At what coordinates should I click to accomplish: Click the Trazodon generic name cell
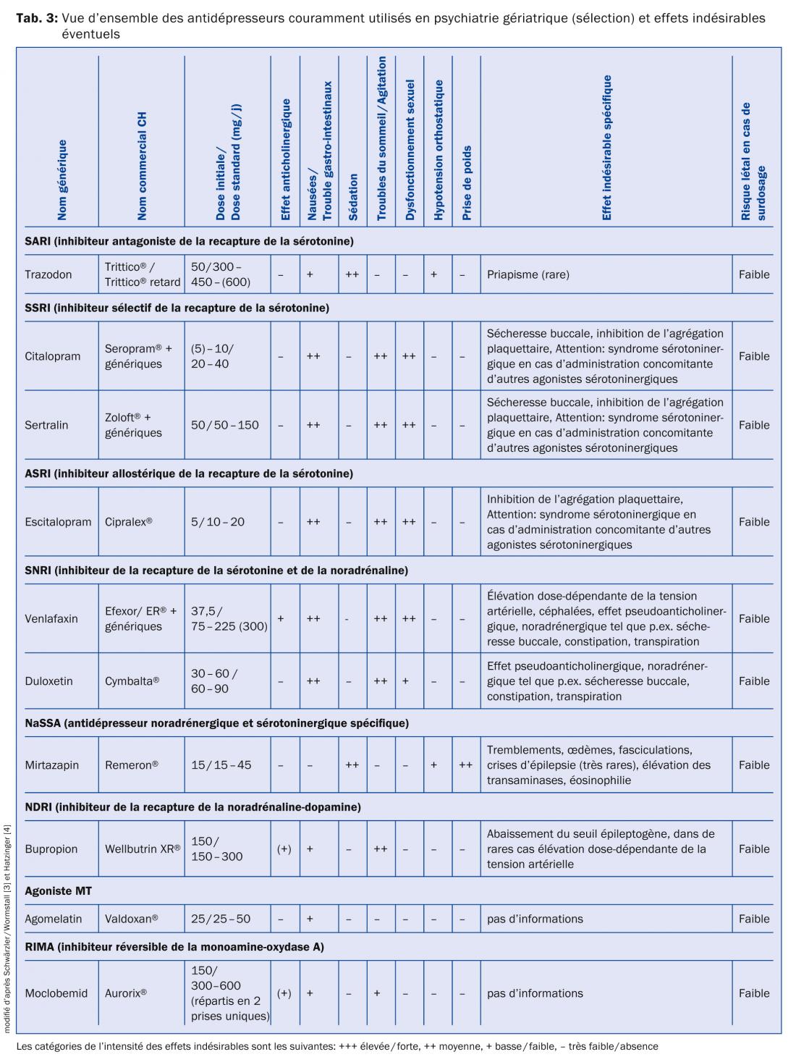pos(48,275)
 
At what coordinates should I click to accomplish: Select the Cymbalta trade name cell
pos(132,681)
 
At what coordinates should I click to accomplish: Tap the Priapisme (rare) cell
pos(528,275)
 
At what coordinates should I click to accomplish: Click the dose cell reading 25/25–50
pos(221,919)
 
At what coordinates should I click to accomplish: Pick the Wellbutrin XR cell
pos(143,849)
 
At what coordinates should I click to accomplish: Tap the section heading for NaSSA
pos(216,723)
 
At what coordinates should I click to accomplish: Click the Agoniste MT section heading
pos(59,891)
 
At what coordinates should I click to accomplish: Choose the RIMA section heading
pos(174,947)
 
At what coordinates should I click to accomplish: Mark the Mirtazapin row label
pos(51,765)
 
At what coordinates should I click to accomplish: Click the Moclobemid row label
pos(56,993)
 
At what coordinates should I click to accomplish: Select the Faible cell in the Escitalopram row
pos(754,522)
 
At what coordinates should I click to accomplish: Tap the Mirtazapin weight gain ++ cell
pos(465,765)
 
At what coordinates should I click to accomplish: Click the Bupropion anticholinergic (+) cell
pos(284,849)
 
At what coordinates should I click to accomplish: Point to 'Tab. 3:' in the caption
pos(37,18)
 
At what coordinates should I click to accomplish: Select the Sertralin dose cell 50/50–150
pos(224,425)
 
